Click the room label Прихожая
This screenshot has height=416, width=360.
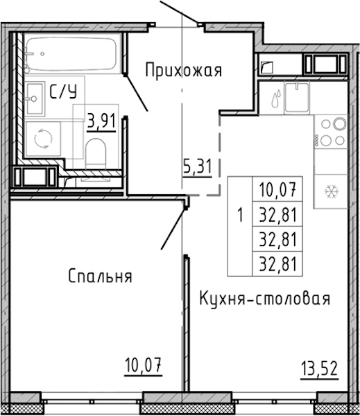[183, 71]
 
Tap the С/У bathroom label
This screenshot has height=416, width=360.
[63, 92]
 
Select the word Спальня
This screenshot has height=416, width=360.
[101, 276]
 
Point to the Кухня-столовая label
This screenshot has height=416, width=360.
[265, 298]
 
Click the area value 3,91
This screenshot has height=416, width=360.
[102, 122]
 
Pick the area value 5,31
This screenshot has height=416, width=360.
[198, 166]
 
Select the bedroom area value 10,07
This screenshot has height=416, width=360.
[144, 365]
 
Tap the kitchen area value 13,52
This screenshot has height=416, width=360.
[319, 369]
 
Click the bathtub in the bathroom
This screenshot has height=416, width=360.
[71, 54]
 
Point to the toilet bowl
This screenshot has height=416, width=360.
[96, 154]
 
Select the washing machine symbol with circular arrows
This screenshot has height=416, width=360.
[43, 138]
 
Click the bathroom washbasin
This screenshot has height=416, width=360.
[35, 98]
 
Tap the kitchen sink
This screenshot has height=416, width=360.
[297, 97]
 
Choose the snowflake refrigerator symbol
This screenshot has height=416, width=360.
[332, 191]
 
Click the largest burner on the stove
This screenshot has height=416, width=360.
[340, 123]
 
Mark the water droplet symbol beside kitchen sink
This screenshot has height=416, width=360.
[275, 98]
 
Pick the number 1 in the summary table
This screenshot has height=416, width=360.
[240, 214]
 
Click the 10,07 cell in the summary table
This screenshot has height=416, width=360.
[277, 189]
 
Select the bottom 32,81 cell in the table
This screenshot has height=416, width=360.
[277, 263]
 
